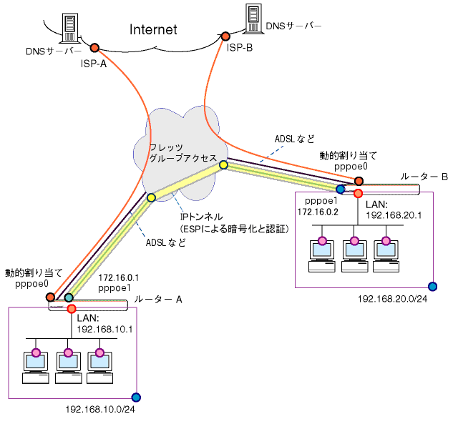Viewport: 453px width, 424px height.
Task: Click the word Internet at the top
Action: [x=153, y=29]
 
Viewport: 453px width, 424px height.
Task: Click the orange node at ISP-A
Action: [x=94, y=48]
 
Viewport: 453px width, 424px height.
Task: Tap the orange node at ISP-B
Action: [x=225, y=36]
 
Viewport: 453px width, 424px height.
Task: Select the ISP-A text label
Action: [x=94, y=64]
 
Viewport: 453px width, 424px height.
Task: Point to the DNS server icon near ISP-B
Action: [x=253, y=19]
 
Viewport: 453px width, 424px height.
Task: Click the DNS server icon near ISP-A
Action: [x=70, y=28]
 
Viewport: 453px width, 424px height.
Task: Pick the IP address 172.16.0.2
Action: [x=318, y=212]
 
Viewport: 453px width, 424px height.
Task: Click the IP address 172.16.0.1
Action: [x=119, y=277]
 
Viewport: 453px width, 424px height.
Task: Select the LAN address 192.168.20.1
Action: [x=394, y=215]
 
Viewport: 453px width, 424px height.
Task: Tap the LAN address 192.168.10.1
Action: [x=104, y=330]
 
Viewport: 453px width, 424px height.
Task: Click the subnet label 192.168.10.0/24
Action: [x=100, y=409]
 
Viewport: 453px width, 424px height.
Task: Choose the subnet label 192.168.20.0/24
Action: [x=393, y=299]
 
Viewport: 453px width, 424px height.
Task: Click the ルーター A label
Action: [x=158, y=300]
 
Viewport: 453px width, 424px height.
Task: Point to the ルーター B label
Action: [x=424, y=177]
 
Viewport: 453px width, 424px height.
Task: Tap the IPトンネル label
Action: [x=201, y=217]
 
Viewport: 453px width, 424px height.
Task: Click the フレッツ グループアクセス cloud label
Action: [x=183, y=153]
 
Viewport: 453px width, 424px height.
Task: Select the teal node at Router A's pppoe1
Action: [x=69, y=297]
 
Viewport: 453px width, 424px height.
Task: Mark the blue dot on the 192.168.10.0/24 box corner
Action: [x=136, y=398]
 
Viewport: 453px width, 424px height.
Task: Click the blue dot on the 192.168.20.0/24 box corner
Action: [x=432, y=286]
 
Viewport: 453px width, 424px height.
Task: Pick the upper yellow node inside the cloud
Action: [x=223, y=164]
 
